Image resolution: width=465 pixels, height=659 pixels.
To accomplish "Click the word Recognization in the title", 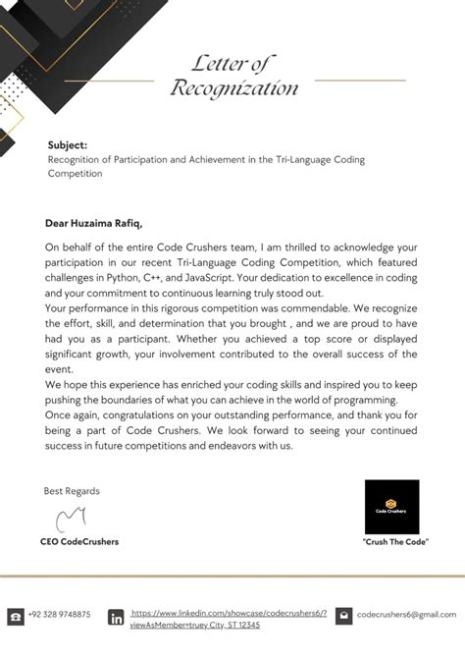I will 234,89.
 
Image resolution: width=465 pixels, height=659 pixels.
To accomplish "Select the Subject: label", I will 68,144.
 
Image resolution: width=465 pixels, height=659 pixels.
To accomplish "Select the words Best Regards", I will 72,490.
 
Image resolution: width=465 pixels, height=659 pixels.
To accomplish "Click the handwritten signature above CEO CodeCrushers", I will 72,518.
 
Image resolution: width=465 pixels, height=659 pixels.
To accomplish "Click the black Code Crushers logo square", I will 391,507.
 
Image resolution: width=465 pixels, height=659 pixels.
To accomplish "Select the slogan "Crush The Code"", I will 395,542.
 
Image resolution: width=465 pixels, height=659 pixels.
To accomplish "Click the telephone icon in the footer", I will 16,616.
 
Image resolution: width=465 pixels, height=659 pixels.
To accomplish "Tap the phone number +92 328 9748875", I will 59,614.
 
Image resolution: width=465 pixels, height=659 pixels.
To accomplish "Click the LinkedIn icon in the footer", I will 116,617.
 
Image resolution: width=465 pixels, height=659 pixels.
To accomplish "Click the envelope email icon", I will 343,616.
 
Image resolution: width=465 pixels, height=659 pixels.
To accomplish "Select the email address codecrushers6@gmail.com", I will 407,614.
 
